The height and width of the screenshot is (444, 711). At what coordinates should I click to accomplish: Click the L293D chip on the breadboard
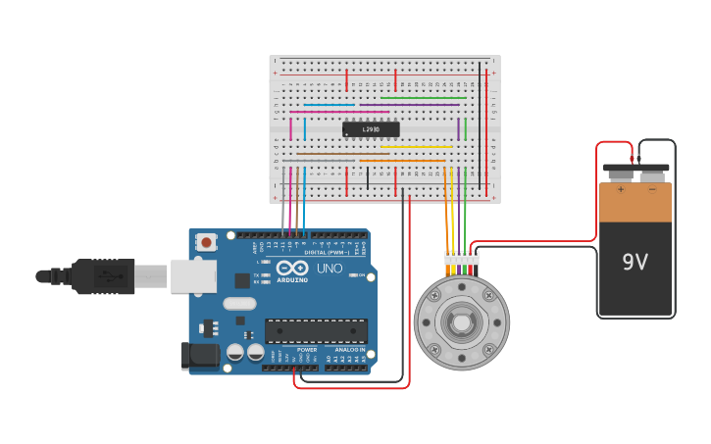(x=371, y=129)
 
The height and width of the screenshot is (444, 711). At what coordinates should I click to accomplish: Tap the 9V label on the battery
(x=635, y=262)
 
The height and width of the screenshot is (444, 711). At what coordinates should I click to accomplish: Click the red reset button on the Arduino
(x=206, y=241)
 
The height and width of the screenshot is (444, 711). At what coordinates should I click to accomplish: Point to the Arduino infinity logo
(x=292, y=268)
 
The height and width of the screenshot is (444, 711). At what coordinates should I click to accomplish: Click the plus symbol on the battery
(x=620, y=189)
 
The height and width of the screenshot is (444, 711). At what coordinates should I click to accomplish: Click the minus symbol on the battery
(x=652, y=189)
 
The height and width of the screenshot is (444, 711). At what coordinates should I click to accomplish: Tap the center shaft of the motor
(x=461, y=322)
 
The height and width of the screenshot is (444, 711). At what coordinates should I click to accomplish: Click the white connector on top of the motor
(x=461, y=258)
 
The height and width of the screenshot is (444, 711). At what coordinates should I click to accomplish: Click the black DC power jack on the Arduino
(x=199, y=356)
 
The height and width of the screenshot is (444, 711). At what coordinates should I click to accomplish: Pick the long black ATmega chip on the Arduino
(x=316, y=331)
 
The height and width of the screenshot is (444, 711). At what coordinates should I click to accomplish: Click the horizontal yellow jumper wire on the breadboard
(x=417, y=147)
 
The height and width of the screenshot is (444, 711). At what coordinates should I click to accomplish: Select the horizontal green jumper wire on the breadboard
(x=423, y=98)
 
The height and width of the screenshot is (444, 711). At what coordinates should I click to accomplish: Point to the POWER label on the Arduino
(x=307, y=349)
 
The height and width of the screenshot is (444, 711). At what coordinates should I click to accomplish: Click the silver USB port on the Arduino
(x=193, y=276)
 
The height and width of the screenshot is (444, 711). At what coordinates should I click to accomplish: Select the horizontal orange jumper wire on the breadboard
(x=402, y=160)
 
